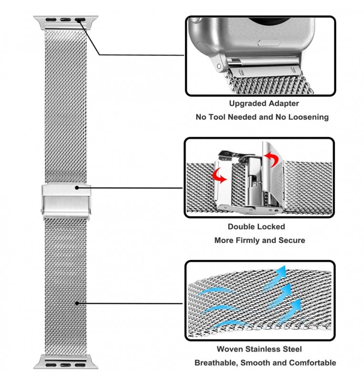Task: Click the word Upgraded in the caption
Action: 245,104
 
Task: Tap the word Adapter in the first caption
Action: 282,104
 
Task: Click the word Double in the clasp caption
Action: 241,227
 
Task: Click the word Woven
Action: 230,349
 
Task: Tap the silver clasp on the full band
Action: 66,201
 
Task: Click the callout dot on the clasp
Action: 77,188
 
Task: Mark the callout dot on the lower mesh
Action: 77,303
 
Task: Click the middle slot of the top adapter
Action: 66,20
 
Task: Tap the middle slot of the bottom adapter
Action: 66,365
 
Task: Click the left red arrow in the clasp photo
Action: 219,176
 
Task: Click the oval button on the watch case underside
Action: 269,42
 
